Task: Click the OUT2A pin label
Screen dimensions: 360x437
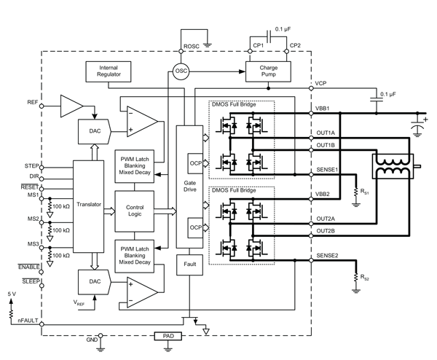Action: pyautogui.click(x=326, y=219)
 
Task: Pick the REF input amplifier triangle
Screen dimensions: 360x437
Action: pyautogui.click(x=71, y=106)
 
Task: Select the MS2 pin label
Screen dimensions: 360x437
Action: pyautogui.click(x=34, y=218)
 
